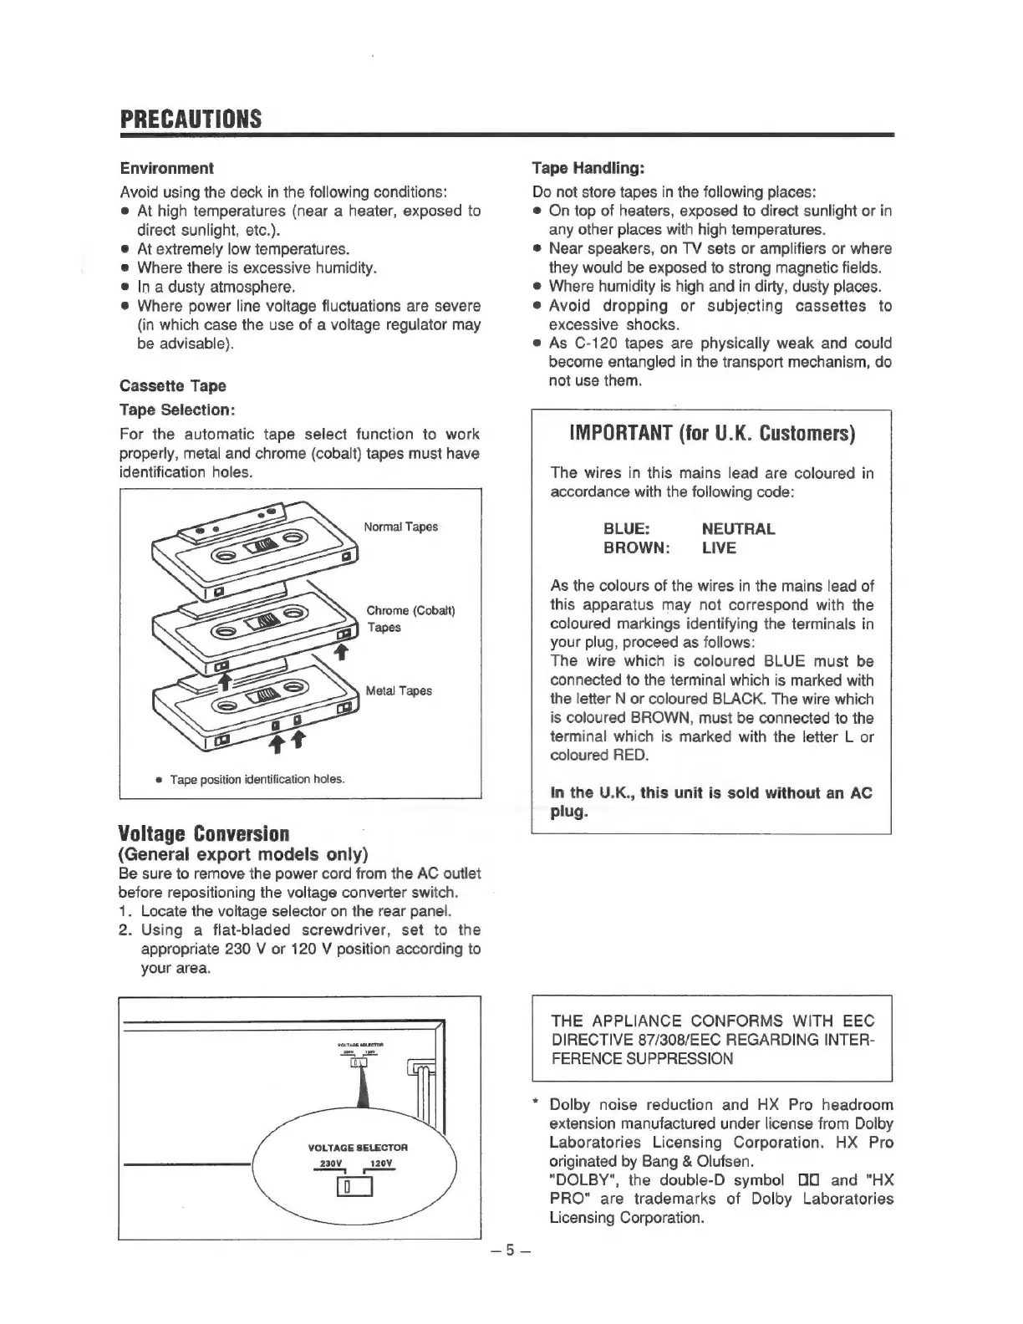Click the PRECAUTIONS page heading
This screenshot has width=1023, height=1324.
pos(191,119)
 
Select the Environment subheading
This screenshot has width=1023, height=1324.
pos(166,168)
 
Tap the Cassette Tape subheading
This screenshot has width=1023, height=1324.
pos(173,385)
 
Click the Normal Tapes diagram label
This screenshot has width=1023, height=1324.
pos(400,527)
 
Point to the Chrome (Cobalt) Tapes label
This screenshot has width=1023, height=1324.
pos(410,619)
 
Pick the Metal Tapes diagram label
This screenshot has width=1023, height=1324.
pos(399,690)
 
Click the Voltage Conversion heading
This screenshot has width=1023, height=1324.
pos(205,834)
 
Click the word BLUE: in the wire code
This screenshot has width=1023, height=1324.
pos(626,529)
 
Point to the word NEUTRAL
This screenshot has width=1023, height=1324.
pos(738,529)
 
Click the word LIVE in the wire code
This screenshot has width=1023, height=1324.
pos(719,548)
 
